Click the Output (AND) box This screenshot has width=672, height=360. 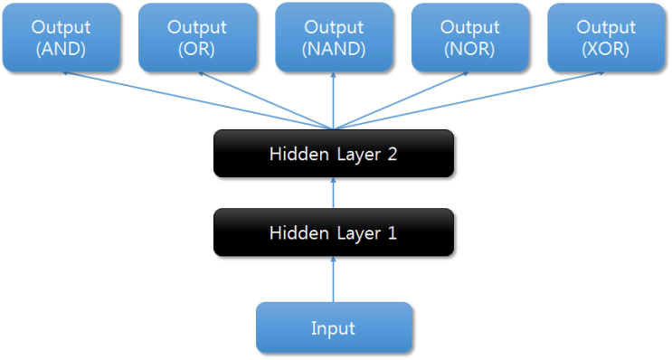point(61,38)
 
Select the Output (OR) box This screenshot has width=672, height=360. point(197,38)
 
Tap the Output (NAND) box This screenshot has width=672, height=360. point(334,38)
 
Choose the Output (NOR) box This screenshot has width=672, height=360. point(470,38)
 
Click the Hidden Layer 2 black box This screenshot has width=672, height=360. point(333,154)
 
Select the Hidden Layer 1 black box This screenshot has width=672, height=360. point(333,232)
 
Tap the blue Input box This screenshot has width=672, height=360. point(334,327)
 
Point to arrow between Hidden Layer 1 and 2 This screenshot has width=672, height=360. point(334,193)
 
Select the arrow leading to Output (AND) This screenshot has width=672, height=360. point(199,100)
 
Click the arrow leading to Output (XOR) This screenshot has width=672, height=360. point(470,100)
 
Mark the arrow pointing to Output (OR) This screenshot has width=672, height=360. point(266,100)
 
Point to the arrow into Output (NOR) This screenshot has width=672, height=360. point(402,100)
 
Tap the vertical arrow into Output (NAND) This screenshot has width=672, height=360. point(334,100)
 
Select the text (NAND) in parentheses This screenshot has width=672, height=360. point(334,50)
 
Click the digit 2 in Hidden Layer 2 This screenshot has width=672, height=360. point(392,154)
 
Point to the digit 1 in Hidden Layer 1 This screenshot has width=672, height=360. point(392,232)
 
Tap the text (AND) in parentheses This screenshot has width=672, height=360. point(61,50)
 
